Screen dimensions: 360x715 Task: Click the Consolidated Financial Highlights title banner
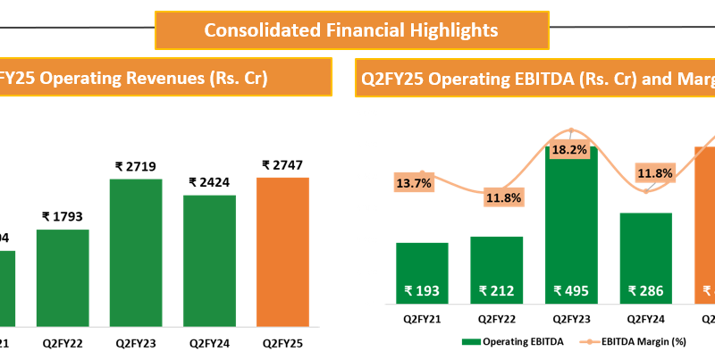(x=351, y=29)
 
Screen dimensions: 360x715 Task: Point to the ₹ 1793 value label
(x=63, y=216)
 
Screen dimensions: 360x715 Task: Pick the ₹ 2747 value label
(x=283, y=165)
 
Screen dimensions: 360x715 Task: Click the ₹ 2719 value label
(x=137, y=166)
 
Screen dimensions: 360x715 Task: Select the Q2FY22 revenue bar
(x=63, y=277)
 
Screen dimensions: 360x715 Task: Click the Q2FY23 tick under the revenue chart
(x=137, y=341)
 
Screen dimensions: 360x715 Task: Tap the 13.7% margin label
(x=413, y=183)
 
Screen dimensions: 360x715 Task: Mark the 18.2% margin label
(x=570, y=150)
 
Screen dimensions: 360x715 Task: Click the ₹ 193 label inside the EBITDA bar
(x=422, y=290)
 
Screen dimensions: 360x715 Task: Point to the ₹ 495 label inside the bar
(x=570, y=290)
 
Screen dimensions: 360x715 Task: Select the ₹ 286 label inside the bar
(x=644, y=290)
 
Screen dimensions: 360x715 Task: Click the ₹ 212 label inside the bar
(x=496, y=290)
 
